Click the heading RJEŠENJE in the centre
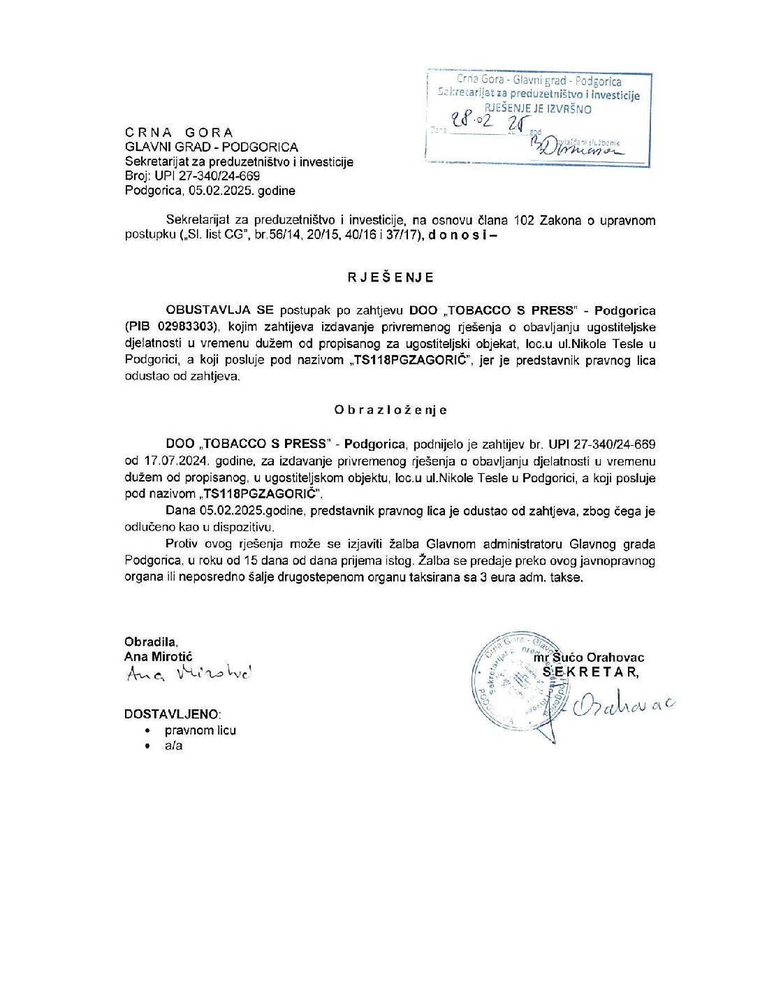click(x=391, y=277)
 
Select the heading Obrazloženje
click(x=390, y=410)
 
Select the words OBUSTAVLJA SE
click(x=219, y=310)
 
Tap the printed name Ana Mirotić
click(x=158, y=657)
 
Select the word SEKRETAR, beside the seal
click(x=591, y=672)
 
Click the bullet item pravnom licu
click(x=200, y=730)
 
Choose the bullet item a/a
click(x=174, y=746)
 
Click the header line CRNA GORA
click(x=180, y=133)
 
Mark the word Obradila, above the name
click(x=151, y=642)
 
